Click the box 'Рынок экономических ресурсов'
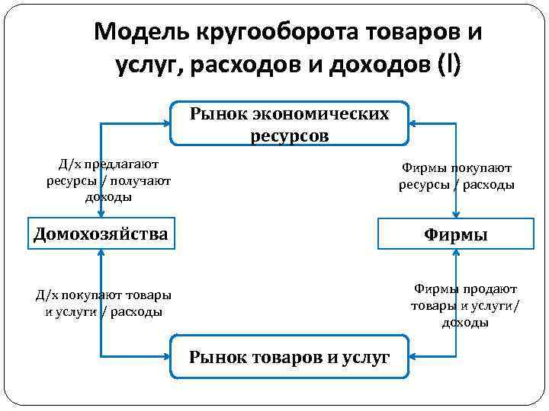[x=289, y=124]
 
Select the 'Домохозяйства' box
[x=101, y=234]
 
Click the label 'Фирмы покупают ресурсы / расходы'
[x=457, y=177]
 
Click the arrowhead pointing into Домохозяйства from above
[x=101, y=216]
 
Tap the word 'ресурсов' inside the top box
[x=289, y=135]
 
